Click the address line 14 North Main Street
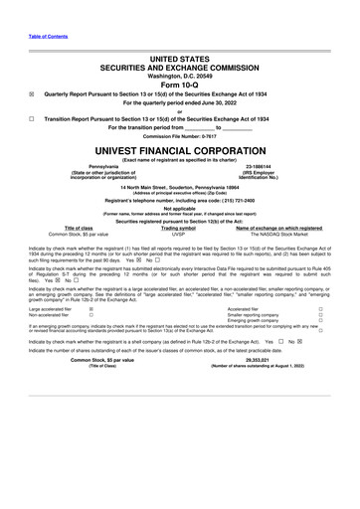(180, 186)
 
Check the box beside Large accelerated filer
(90, 309)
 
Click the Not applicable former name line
(180, 209)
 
